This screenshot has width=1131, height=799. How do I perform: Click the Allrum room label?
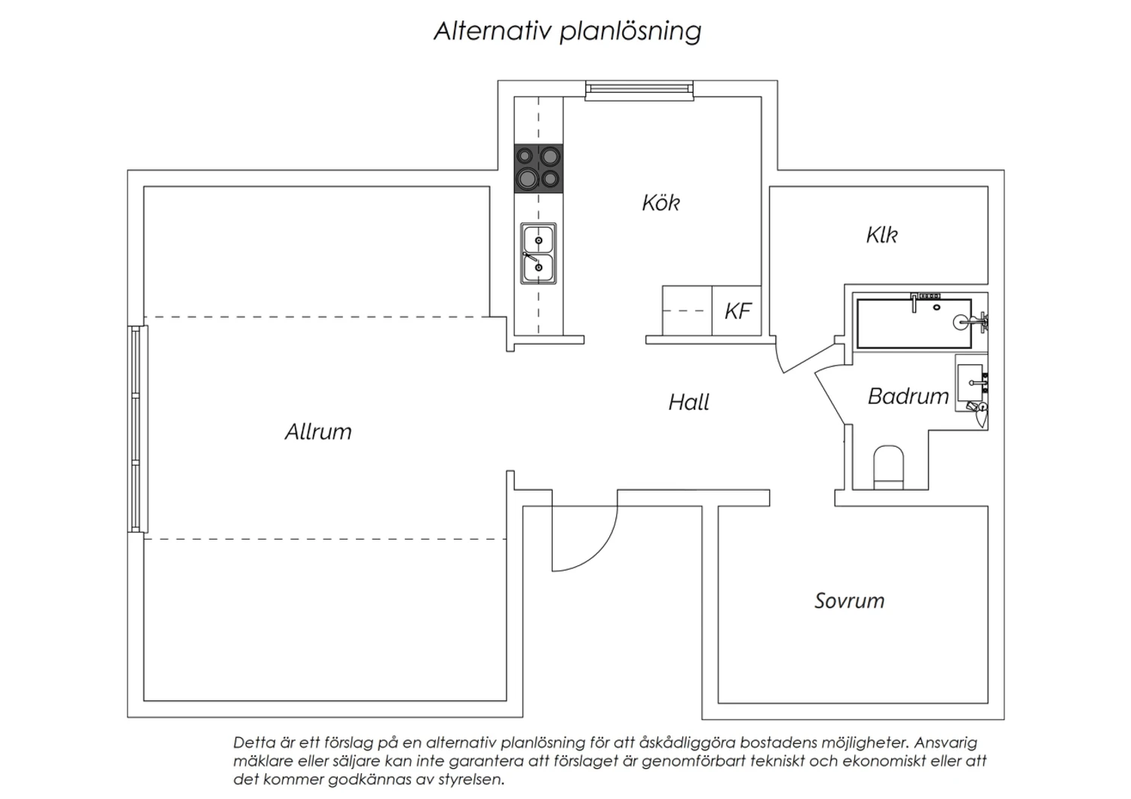[318, 432]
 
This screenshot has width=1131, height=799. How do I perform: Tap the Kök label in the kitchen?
[661, 203]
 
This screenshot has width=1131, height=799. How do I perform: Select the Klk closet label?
[881, 234]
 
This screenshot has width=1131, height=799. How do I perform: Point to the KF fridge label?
[737, 311]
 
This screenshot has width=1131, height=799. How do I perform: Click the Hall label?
[688, 403]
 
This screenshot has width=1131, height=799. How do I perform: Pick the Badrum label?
[909, 396]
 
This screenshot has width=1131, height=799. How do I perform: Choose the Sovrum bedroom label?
[849, 601]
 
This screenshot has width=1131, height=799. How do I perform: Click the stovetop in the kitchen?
[538, 169]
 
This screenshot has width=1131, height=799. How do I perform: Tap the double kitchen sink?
[538, 253]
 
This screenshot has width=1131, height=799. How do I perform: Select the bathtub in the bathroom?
[915, 323]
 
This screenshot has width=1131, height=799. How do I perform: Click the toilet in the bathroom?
[888, 467]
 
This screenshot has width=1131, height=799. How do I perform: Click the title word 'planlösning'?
[630, 32]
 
